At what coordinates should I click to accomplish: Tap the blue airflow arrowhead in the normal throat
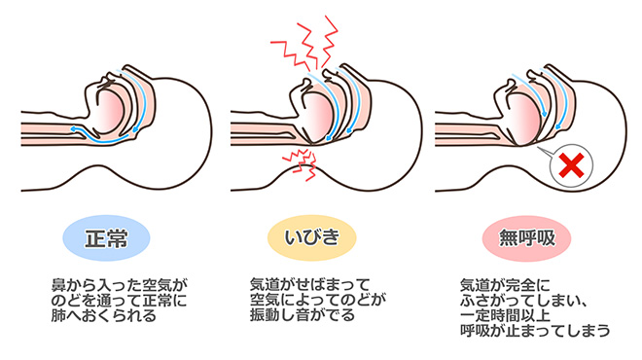point(75,126)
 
